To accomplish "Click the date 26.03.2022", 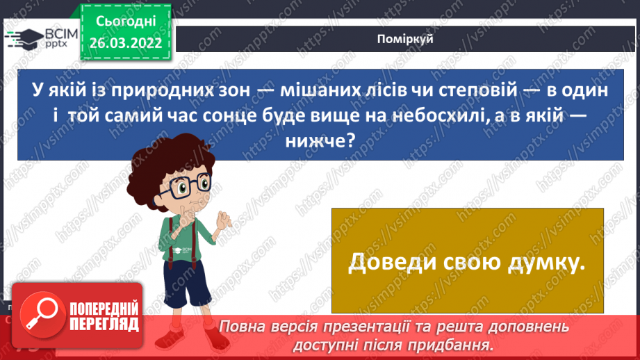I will point(126,42).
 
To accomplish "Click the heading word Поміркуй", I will point(407,39).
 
